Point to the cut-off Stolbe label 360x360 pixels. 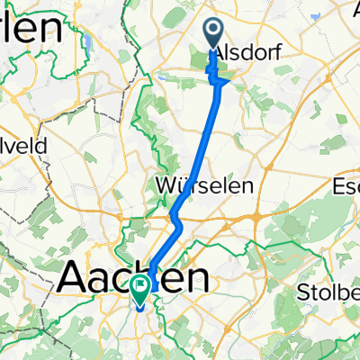click(328, 293)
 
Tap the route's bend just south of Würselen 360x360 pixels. click(176, 218)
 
